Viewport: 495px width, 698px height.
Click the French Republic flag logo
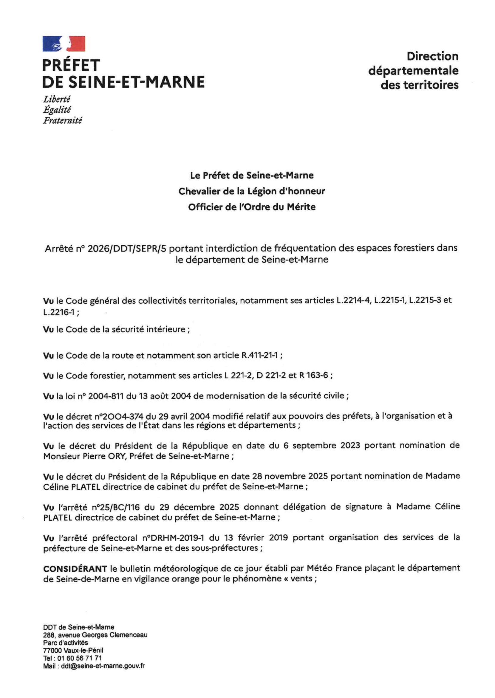pyautogui.click(x=64, y=44)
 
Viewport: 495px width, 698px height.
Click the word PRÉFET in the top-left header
pyautogui.click(x=71, y=65)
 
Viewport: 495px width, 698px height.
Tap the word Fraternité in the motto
pyautogui.click(x=63, y=121)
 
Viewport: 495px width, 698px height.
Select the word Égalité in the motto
pyautogui.click(x=57, y=110)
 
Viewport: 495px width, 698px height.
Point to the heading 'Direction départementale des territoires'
pyautogui.click(x=413, y=70)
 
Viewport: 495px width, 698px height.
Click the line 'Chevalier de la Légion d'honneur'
pyautogui.click(x=251, y=191)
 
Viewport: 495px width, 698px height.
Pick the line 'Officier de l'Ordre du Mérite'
pyautogui.click(x=251, y=207)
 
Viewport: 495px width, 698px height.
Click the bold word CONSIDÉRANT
pyautogui.click(x=75, y=569)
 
